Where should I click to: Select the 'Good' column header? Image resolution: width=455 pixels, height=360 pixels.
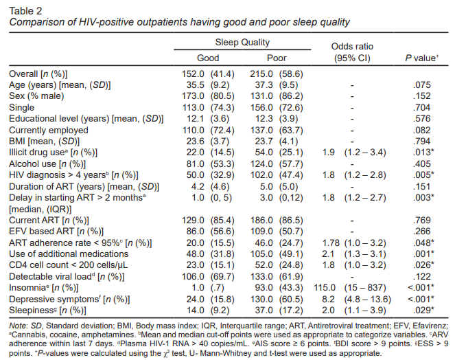tap(208, 58)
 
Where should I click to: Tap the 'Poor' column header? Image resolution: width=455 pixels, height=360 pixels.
tap(277, 58)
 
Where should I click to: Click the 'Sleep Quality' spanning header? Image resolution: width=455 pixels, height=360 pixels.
tap(242, 42)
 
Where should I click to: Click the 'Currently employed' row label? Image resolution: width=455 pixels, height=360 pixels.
tap(49, 130)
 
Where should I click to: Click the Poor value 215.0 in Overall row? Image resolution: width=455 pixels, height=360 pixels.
tap(270, 74)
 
